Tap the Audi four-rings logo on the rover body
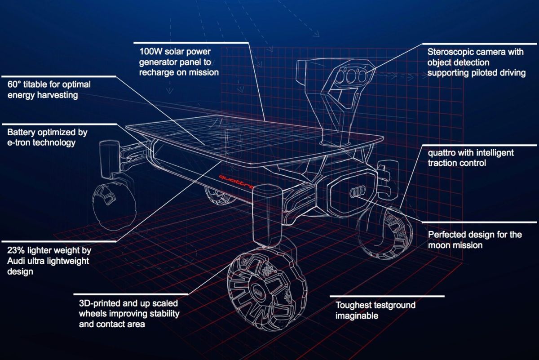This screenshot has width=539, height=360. coord(358,191)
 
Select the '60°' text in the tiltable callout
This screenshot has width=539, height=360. coord(14,84)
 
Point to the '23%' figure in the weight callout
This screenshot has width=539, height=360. coord(16,250)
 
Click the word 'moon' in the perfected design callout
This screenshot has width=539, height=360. coord(439,245)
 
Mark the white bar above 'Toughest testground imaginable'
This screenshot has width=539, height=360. coord(387,296)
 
